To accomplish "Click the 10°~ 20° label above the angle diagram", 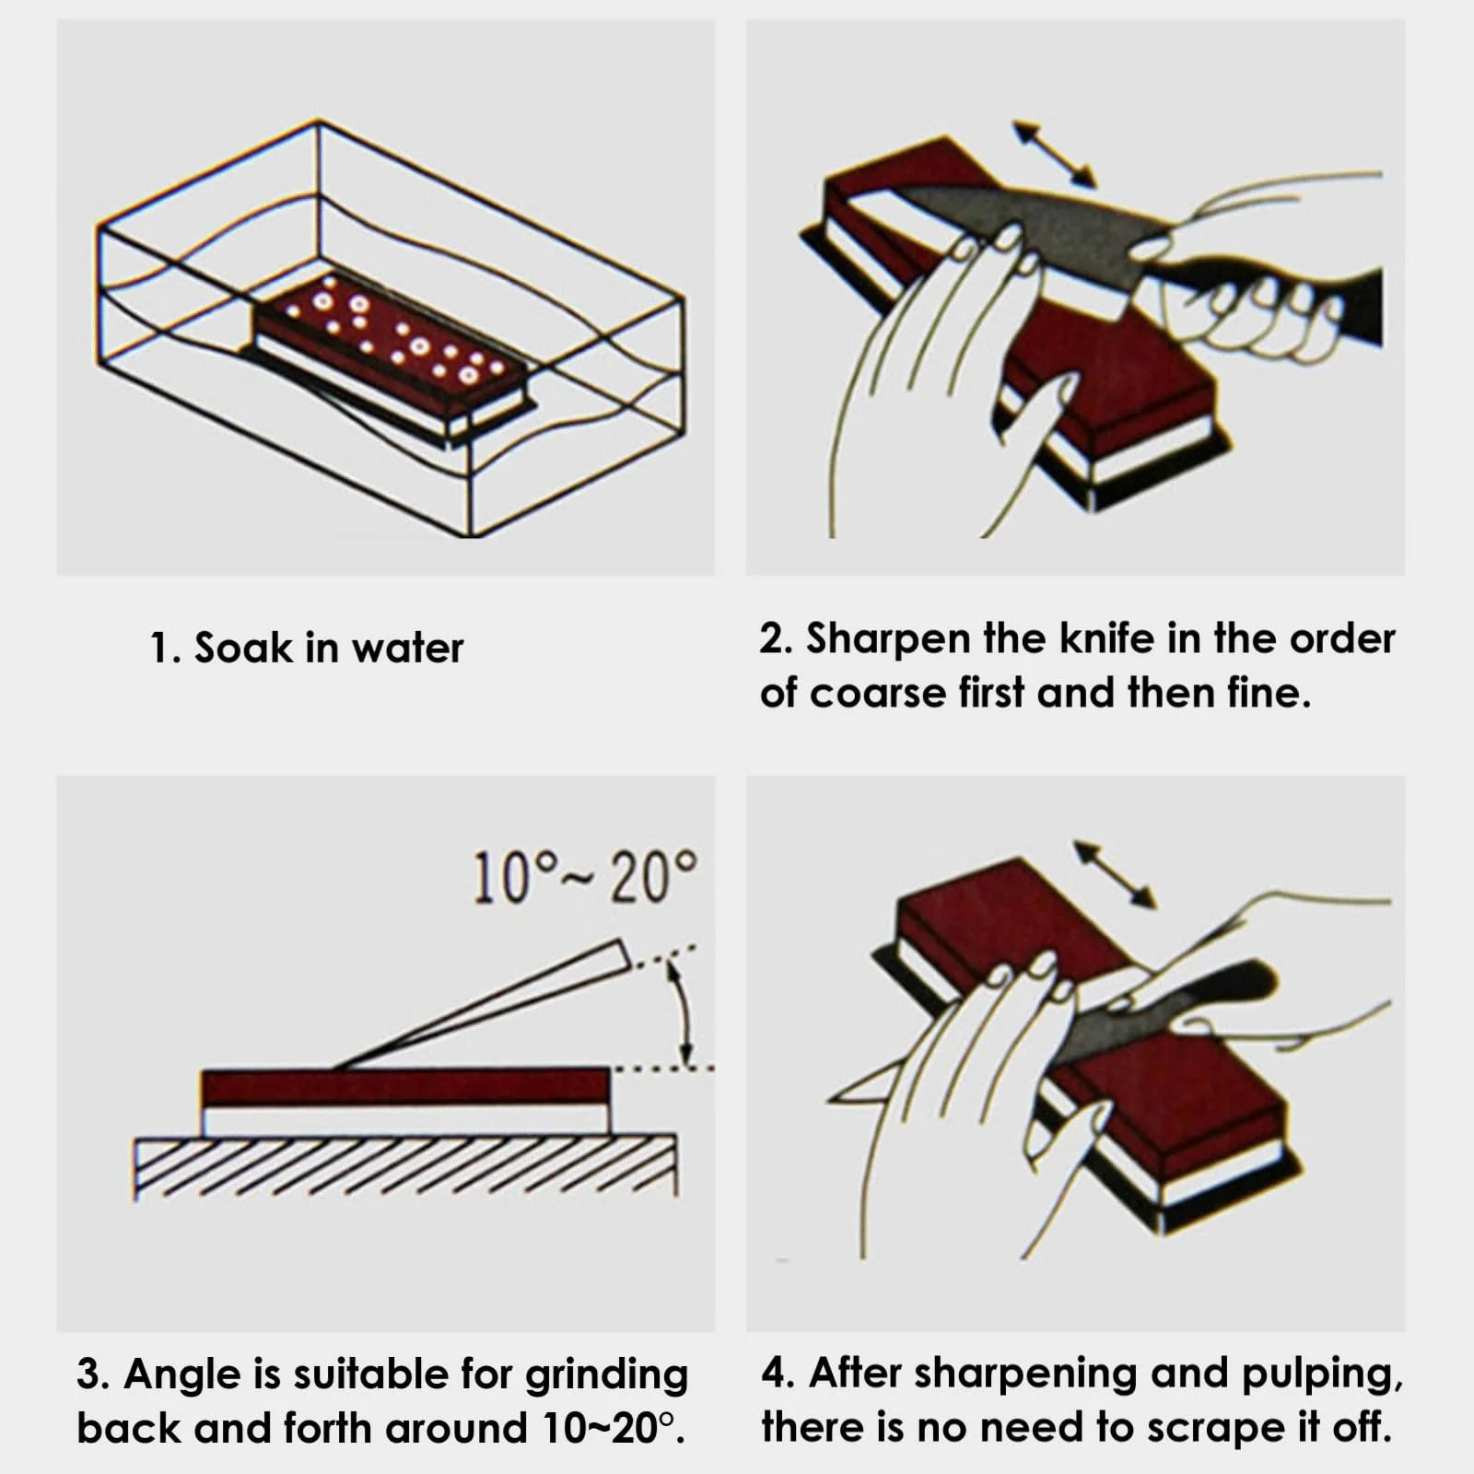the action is (585, 877).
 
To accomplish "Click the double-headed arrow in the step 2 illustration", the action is (1054, 153).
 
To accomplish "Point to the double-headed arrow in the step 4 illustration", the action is (1115, 874).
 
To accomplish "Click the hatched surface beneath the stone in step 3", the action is (405, 1167).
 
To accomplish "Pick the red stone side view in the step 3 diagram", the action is (405, 1088).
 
